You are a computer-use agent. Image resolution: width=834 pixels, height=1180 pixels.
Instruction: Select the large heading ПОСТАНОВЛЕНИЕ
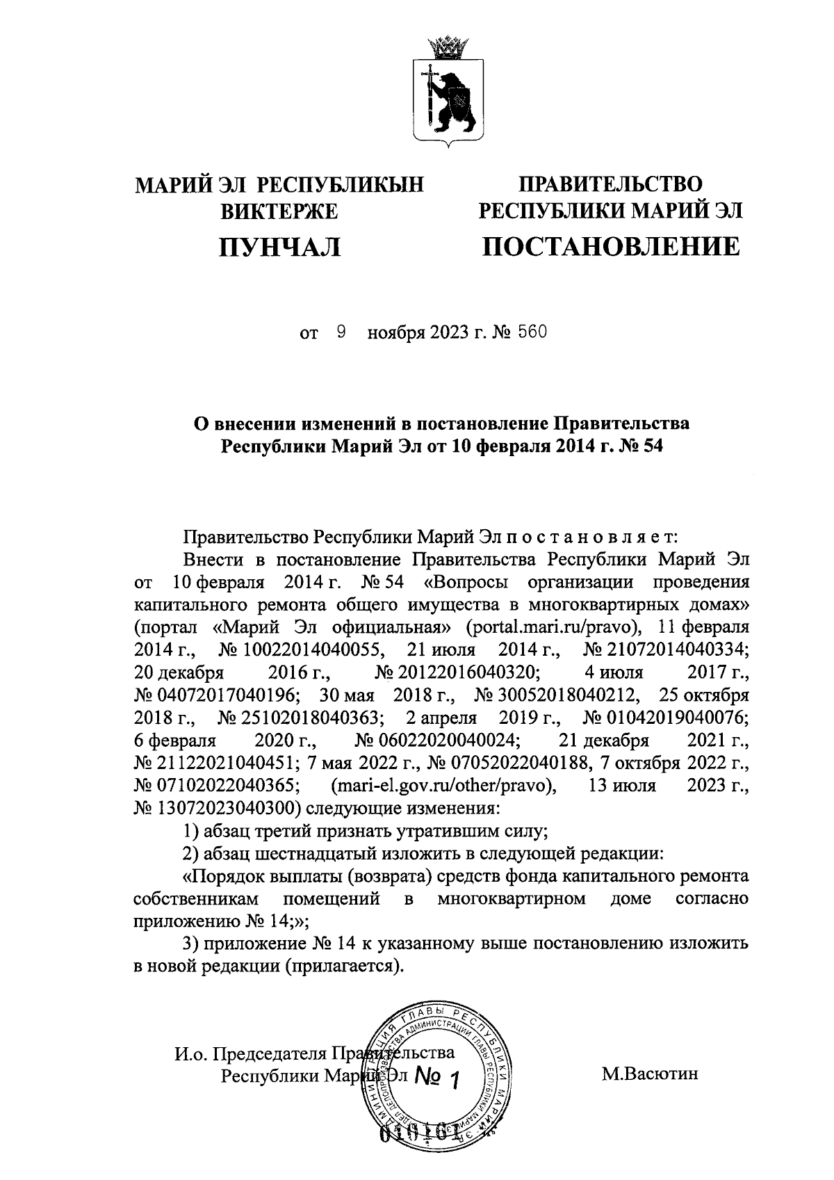612,247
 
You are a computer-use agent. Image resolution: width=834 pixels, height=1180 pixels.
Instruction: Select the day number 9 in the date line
341,333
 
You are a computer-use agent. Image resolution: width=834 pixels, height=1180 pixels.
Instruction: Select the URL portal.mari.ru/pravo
553,627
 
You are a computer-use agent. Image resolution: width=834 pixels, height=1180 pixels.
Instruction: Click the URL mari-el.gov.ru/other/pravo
445,786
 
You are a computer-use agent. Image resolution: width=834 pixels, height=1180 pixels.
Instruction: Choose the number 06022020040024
436,741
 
